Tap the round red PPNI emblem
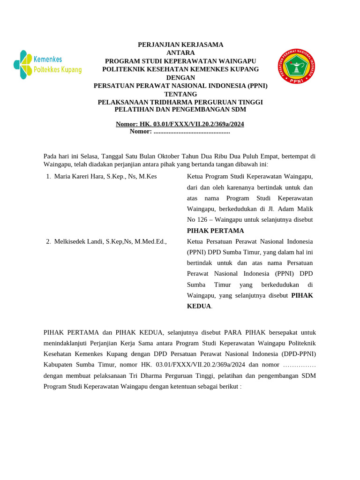click(296, 67)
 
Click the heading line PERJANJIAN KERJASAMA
click(180, 45)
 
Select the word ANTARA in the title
click(180, 53)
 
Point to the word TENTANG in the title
click(180, 94)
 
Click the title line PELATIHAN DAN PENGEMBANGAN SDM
click(180, 110)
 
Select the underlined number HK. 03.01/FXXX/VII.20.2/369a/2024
click(192, 124)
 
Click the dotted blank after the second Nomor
click(192, 132)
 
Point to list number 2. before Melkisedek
click(48, 242)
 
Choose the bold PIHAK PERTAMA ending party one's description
click(215, 231)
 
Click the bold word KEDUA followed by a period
click(199, 306)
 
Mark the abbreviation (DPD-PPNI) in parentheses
click(299, 354)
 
